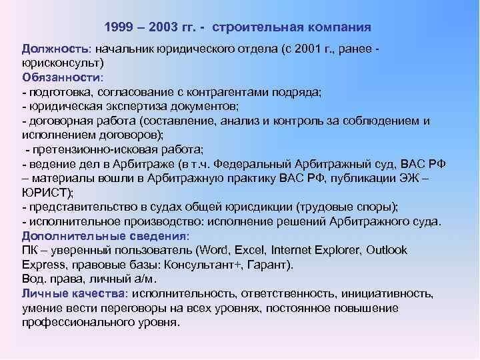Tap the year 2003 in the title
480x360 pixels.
coord(166,27)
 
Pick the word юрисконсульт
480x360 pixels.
coord(59,63)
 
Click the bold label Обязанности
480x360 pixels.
coord(58,77)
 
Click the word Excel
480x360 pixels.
coord(249,250)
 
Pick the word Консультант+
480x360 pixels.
coord(204,264)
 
